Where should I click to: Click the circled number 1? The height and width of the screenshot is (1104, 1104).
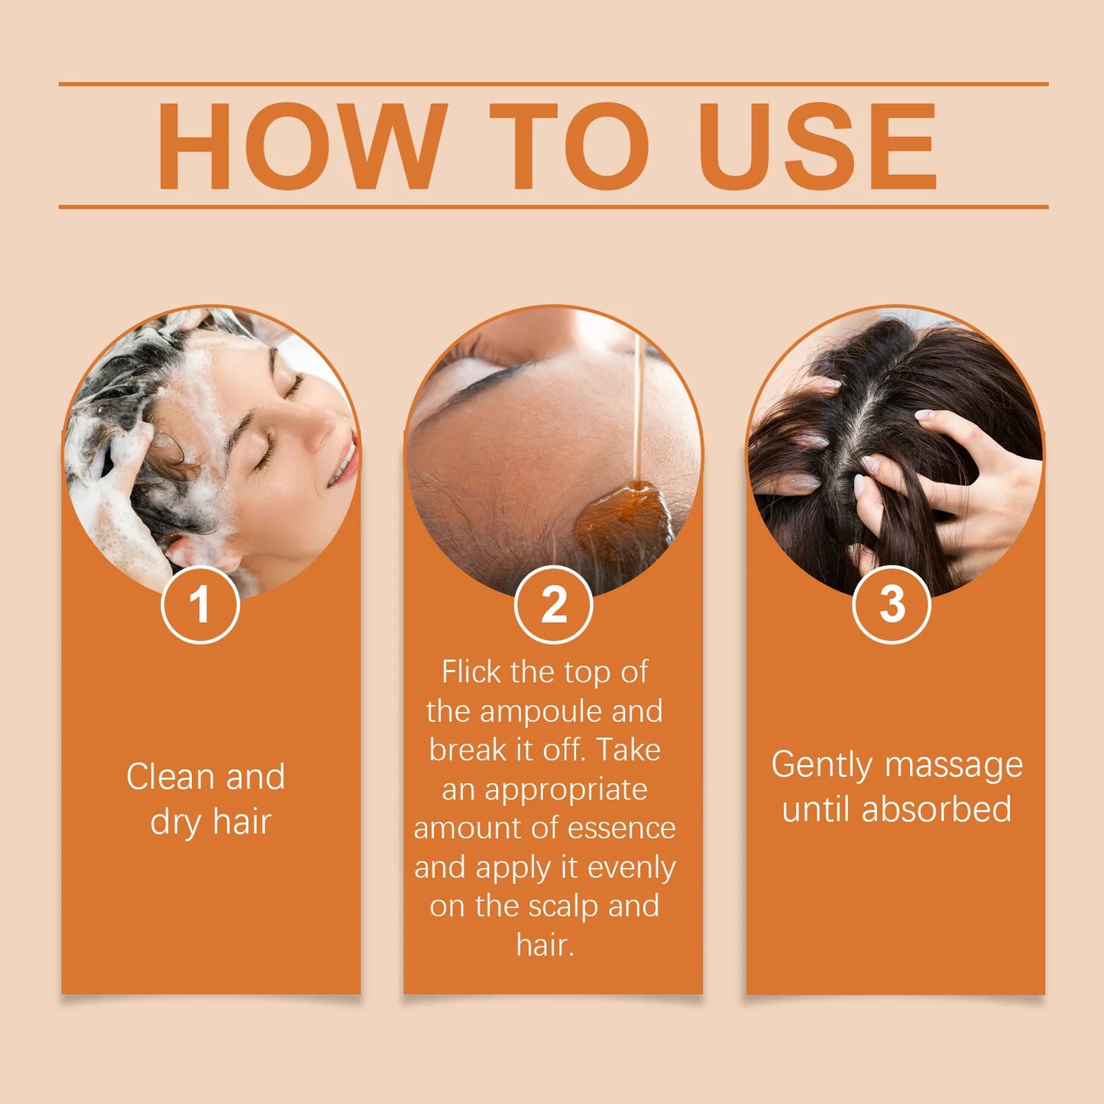point(200,605)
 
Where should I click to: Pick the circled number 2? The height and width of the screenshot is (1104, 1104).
point(553,605)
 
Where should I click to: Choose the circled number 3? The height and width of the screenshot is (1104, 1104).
point(891,605)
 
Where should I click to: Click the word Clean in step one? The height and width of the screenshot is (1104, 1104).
point(170,777)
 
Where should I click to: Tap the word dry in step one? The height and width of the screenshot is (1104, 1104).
point(175,823)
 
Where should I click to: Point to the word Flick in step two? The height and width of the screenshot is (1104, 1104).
point(471,672)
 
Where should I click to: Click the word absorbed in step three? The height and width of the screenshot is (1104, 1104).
point(936,810)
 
